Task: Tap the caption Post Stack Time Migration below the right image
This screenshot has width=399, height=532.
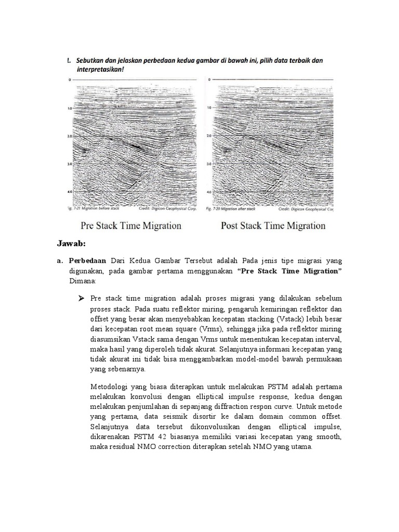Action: click(273, 225)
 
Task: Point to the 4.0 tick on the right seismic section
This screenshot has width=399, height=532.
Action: click(208, 192)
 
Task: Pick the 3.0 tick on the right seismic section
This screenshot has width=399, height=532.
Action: click(208, 164)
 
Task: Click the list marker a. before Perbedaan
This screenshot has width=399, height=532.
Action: click(60, 260)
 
